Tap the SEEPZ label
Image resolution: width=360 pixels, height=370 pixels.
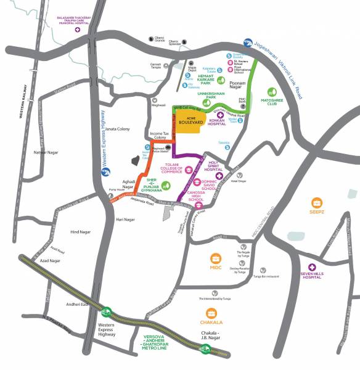click(x=317, y=216)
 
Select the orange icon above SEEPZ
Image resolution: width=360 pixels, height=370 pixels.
click(x=317, y=202)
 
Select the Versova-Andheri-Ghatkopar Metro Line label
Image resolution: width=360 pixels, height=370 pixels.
click(x=155, y=343)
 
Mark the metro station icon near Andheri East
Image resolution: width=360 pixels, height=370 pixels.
click(x=107, y=312)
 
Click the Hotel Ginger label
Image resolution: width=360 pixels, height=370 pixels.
click(x=239, y=181)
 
